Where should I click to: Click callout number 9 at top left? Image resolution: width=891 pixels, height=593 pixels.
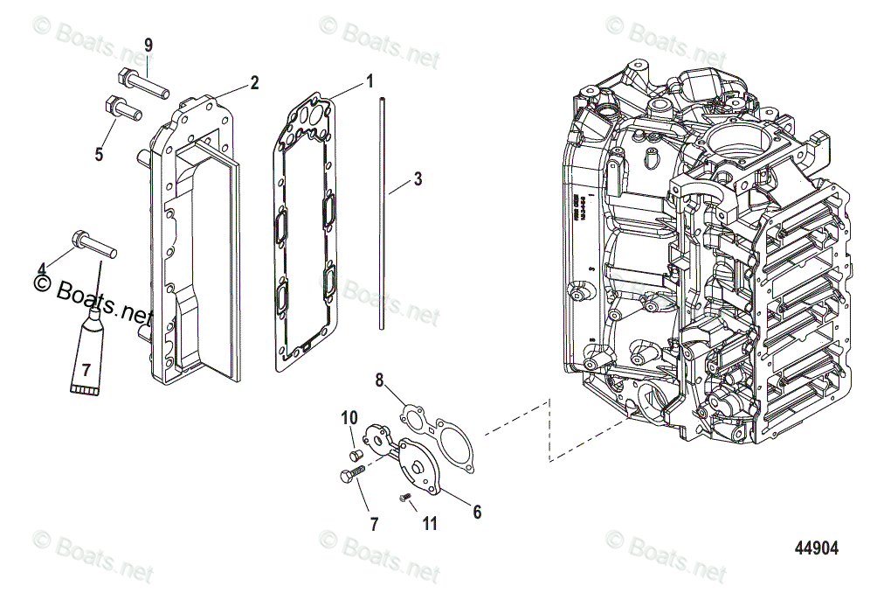(x=148, y=45)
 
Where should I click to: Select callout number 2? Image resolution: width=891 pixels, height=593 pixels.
(x=254, y=83)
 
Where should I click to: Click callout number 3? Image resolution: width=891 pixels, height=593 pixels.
(x=418, y=179)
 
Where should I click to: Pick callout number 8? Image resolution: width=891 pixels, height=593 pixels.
(x=379, y=380)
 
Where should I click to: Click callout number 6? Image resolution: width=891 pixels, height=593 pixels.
(x=477, y=513)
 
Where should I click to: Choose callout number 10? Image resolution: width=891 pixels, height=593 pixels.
(x=349, y=417)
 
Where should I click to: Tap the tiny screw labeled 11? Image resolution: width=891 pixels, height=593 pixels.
(x=404, y=498)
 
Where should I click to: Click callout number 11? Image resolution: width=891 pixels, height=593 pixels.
(x=429, y=524)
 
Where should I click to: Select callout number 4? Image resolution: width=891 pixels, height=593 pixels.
(x=41, y=268)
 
